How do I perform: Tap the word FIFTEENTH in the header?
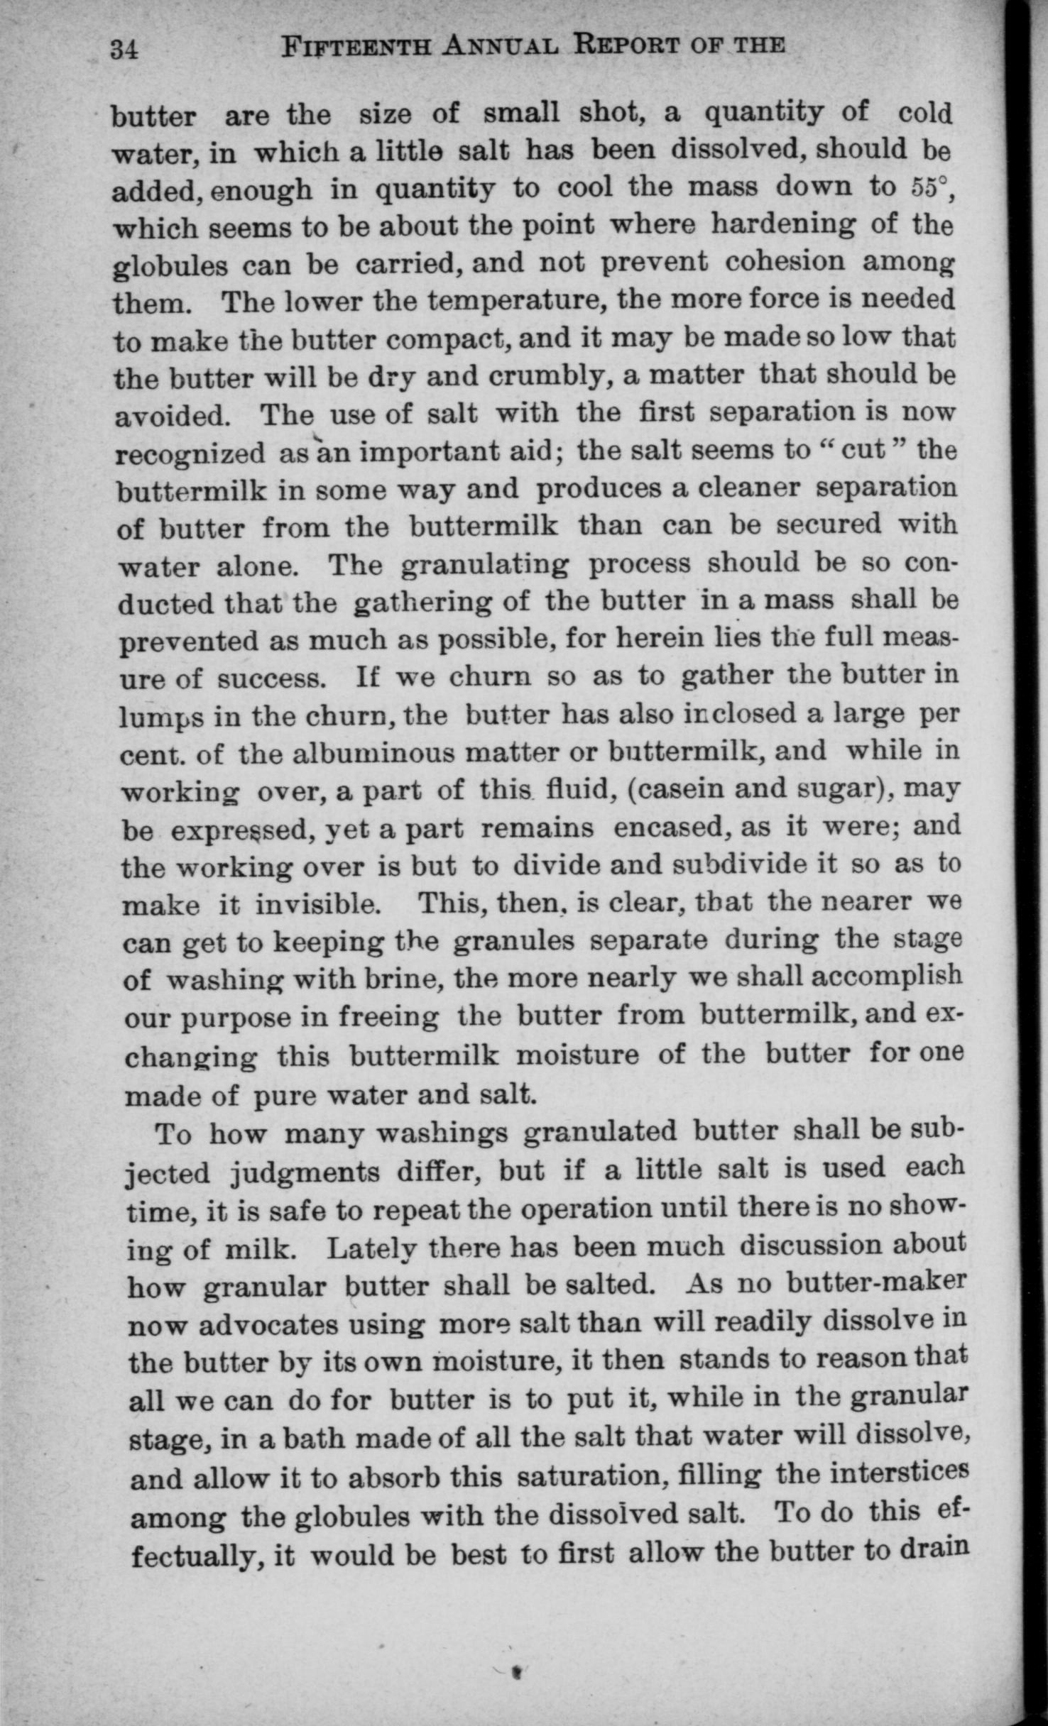coord(356,47)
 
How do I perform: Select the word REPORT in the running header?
coord(627,45)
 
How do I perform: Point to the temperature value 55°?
coord(929,187)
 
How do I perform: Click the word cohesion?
coord(785,261)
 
